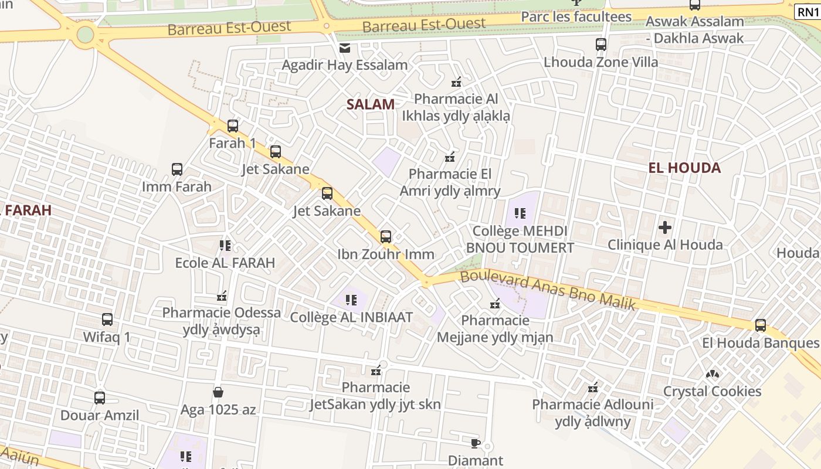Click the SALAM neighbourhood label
[x=370, y=104]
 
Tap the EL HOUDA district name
[x=684, y=168]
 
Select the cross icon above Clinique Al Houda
[x=665, y=227]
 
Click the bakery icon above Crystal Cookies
[x=713, y=373]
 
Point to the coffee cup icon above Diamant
[x=476, y=443]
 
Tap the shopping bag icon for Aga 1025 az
[x=218, y=392]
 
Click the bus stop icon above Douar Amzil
[x=100, y=397]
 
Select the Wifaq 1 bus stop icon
[x=107, y=320]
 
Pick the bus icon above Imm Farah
[x=177, y=169]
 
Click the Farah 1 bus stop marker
[x=233, y=125]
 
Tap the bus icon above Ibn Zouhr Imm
[x=385, y=236]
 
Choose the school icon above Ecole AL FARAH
[x=225, y=245]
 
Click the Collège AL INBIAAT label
[x=352, y=317]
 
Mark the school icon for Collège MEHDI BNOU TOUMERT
[x=520, y=213]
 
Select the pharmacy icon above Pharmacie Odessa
[x=222, y=295]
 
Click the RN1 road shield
[x=808, y=11]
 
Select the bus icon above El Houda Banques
[x=760, y=325]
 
